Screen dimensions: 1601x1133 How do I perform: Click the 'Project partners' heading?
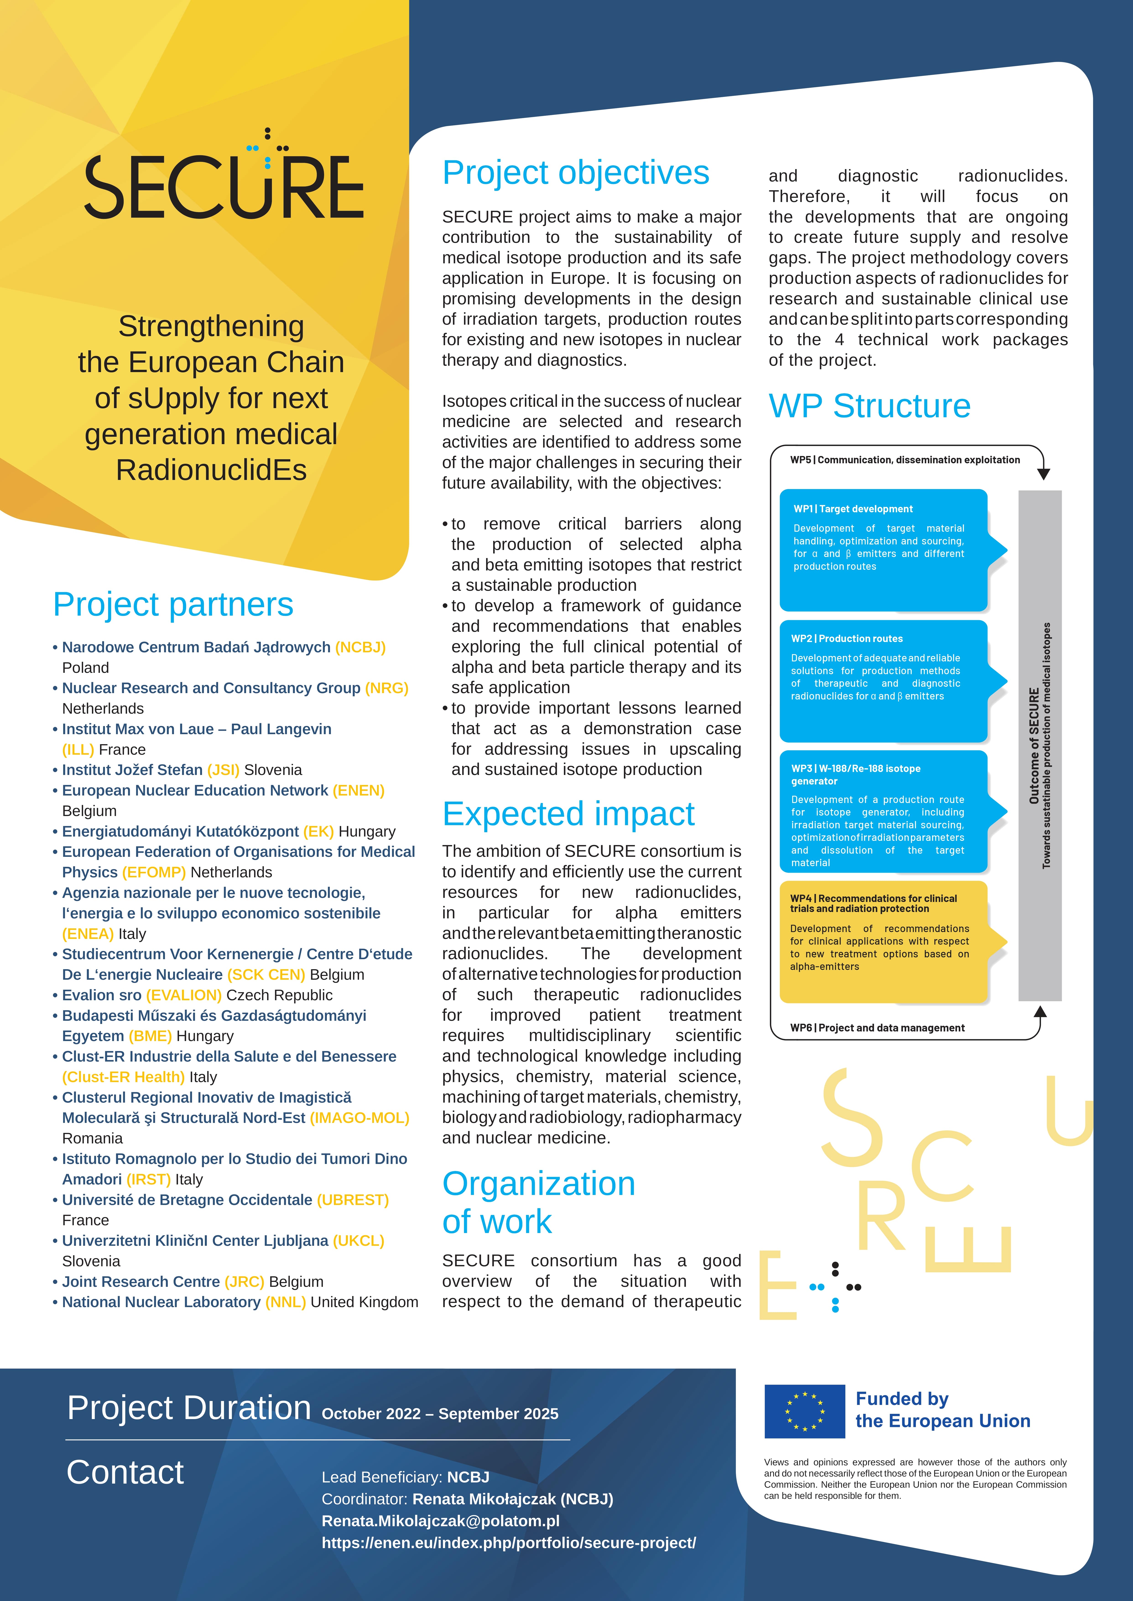point(173,605)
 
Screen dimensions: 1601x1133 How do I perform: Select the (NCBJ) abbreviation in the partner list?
point(360,647)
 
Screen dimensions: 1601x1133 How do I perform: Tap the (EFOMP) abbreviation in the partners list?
point(154,872)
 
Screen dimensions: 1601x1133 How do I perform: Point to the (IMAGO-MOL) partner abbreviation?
point(359,1118)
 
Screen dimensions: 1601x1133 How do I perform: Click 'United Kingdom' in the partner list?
point(364,1302)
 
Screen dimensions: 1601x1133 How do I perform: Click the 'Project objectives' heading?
point(576,173)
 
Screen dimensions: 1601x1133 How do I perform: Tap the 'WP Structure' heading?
point(869,406)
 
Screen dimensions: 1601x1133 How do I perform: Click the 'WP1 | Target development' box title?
point(852,509)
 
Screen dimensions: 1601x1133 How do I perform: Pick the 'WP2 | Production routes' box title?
point(846,639)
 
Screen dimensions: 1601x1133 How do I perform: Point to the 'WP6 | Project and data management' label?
point(877,1028)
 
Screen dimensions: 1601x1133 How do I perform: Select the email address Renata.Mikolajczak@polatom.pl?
point(440,1521)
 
